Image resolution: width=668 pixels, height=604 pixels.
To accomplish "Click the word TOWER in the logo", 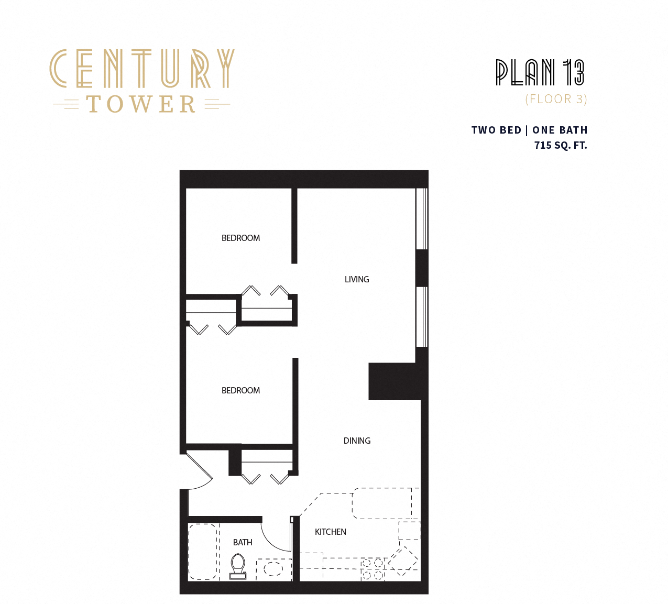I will (141, 104).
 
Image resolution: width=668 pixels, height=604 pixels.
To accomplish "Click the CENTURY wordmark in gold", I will (141, 68).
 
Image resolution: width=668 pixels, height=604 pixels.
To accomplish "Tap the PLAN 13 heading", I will (540, 72).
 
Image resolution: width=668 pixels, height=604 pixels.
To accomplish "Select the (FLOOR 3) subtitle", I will (556, 99).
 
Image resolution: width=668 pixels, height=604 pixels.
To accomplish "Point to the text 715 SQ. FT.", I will (561, 145).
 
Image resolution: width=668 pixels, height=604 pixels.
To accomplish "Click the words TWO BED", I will (496, 130).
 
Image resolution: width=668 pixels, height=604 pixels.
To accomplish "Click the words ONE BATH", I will (560, 130).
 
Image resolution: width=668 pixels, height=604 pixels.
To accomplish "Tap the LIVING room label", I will (357, 279).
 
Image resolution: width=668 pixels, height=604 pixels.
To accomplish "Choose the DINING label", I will (357, 441).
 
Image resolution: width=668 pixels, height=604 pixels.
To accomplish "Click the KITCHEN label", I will (330, 532).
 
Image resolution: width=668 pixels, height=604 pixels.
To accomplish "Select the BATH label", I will (243, 542).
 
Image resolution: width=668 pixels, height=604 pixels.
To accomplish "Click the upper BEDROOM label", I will (240, 238).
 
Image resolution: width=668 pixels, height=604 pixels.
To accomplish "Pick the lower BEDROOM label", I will (240, 390).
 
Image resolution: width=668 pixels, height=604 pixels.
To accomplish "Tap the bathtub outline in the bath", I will (203, 552).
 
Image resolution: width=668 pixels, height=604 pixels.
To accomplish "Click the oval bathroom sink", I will (273, 569).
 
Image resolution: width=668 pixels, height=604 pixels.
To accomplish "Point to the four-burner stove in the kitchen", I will (372, 569).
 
